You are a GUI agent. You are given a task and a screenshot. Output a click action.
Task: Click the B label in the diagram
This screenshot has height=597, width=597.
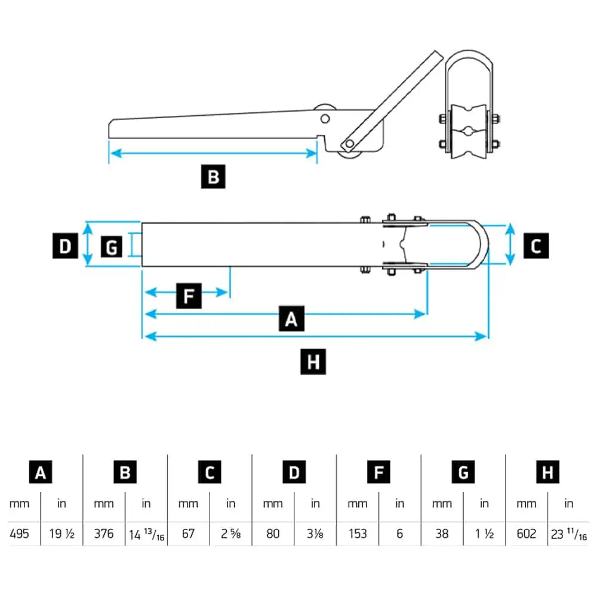click(x=213, y=177)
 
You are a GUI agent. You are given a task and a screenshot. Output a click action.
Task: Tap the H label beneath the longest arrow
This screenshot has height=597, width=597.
click(x=313, y=362)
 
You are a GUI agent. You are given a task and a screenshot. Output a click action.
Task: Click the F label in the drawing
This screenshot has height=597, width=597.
click(x=189, y=296)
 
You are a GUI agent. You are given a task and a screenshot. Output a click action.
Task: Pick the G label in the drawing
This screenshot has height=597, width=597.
click(x=112, y=246)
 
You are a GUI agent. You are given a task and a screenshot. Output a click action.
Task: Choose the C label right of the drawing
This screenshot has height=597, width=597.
click(x=536, y=246)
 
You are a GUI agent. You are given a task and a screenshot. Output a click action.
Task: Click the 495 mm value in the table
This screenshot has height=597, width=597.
click(x=19, y=533)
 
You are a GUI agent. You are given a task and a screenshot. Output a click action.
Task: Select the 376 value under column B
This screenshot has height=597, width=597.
click(x=104, y=533)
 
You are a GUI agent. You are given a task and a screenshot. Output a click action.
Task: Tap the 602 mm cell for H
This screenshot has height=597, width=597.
click(x=527, y=533)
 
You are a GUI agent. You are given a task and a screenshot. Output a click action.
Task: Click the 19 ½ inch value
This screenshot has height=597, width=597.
click(x=61, y=533)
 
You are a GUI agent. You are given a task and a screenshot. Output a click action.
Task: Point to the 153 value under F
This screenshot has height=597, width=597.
click(x=358, y=533)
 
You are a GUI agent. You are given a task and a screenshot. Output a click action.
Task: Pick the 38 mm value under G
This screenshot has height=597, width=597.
click(x=442, y=533)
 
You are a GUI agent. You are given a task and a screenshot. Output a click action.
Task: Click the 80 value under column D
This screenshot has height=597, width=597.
click(x=273, y=533)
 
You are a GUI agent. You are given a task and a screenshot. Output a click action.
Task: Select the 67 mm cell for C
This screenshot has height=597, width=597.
click(x=188, y=533)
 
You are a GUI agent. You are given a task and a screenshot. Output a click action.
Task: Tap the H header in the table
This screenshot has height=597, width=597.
click(x=547, y=472)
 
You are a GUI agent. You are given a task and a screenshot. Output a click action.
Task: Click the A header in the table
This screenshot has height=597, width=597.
click(x=41, y=472)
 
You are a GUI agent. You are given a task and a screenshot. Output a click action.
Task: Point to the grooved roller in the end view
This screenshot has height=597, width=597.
click(x=469, y=131)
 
